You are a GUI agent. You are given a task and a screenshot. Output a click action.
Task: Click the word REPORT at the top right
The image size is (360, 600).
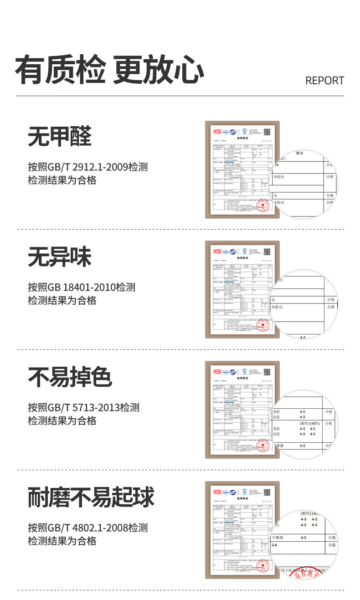pos(324,81)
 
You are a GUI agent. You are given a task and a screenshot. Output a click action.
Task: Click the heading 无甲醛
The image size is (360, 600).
pos(60,137)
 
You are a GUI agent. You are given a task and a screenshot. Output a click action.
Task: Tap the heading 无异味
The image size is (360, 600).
pos(60,257)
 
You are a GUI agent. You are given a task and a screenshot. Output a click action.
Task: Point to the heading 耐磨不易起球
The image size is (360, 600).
pos(91,497)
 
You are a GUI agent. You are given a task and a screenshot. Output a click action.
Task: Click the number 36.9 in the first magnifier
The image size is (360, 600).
pos(299,153)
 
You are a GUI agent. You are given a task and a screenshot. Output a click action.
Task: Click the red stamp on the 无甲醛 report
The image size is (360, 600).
pos(263,205)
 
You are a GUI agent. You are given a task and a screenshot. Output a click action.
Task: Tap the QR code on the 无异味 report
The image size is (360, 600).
pos(267,251)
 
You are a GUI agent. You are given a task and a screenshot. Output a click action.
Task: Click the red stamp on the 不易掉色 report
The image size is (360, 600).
pos(263,446)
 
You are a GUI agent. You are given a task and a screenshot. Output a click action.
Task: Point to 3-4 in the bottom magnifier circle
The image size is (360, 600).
pos(274,545)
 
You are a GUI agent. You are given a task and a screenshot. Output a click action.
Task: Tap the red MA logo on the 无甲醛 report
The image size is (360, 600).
pos(218,132)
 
